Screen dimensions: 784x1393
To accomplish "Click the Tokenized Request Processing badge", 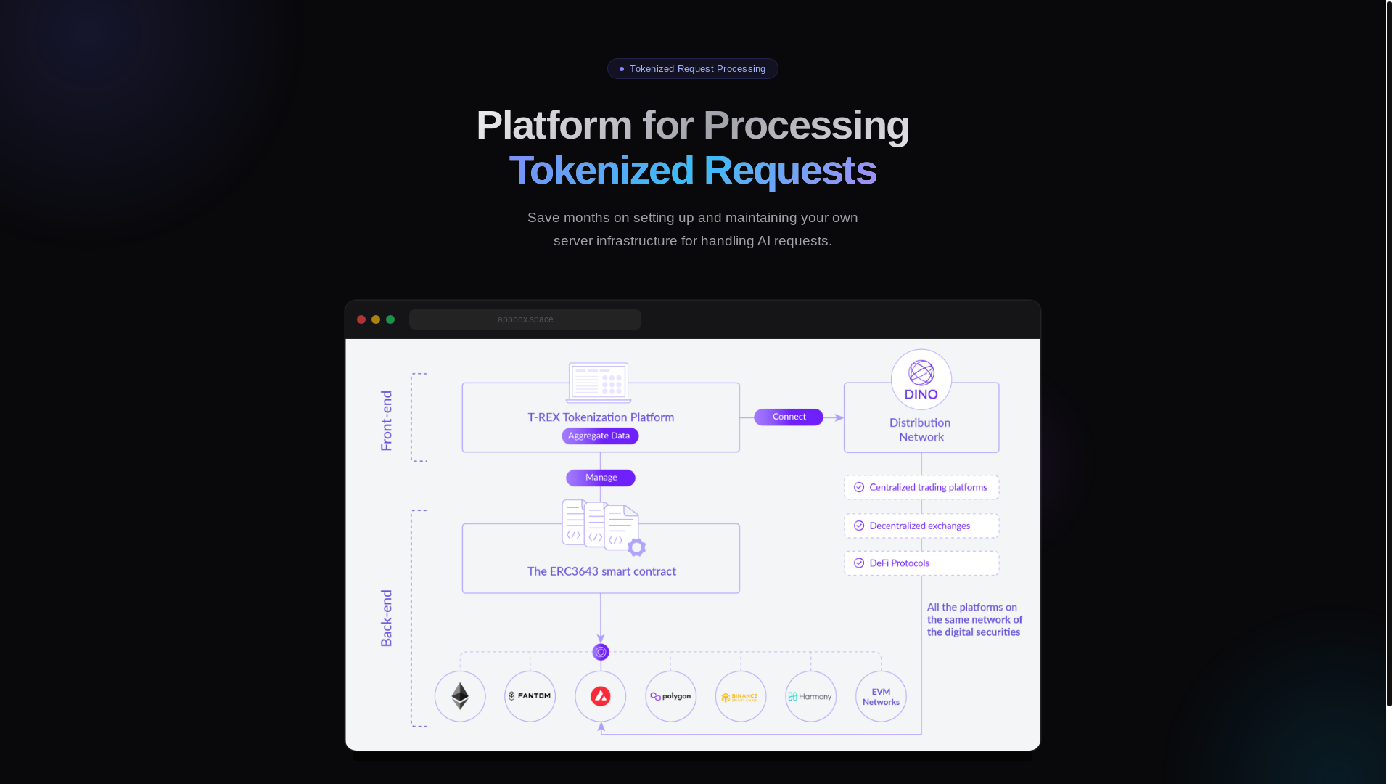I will click(692, 69).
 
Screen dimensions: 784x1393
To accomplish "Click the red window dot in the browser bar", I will click(361, 319).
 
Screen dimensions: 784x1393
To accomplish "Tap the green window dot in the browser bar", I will click(390, 319).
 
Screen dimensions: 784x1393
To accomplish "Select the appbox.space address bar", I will click(525, 319).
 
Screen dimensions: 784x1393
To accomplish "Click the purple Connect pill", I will click(789, 417).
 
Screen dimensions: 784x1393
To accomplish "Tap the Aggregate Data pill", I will click(600, 436).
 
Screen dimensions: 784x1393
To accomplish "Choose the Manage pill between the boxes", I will click(601, 478).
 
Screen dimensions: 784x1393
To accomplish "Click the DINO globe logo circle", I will click(921, 379).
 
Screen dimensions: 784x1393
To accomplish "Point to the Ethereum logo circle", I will click(460, 696).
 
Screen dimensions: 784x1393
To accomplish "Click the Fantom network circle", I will click(530, 696).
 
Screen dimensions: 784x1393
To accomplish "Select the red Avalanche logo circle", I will click(601, 696).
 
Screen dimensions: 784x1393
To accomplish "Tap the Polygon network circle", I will click(671, 696).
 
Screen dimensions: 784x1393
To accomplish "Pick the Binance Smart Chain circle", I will click(741, 696).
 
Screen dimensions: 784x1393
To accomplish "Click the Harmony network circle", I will click(811, 696).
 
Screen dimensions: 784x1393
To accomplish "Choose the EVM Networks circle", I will click(881, 696).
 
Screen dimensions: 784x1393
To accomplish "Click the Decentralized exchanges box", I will click(921, 526).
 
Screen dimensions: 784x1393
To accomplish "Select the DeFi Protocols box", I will click(921, 563).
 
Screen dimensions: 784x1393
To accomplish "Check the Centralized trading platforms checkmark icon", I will click(859, 487).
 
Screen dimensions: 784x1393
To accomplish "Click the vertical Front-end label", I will click(387, 420).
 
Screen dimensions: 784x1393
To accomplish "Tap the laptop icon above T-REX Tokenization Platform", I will click(599, 383).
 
